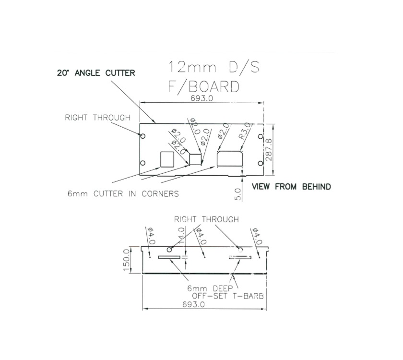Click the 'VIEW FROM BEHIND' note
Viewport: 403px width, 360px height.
pos(291,187)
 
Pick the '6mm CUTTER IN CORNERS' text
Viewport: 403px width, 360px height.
pos(123,194)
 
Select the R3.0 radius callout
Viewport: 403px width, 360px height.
pos(245,131)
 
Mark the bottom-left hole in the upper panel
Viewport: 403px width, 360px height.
pos(142,163)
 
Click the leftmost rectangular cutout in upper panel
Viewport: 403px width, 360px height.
pos(167,159)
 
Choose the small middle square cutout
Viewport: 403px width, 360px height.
pos(195,159)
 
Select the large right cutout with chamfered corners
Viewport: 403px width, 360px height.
pos(231,159)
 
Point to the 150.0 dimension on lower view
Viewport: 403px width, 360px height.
pos(127,260)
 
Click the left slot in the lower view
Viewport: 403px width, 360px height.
pos(169,257)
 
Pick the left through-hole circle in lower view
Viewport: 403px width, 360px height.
pos(169,250)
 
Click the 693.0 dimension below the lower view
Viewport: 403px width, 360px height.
pos(193,304)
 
